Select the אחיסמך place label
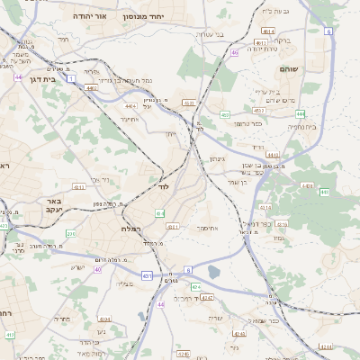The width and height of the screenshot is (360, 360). point(211,229)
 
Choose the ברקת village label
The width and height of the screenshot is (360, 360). point(282,40)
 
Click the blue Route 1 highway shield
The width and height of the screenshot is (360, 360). point(68,80)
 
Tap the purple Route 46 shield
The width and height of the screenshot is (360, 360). point(235,53)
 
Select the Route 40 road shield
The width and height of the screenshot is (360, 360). point(96,270)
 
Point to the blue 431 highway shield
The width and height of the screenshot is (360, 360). point(147,275)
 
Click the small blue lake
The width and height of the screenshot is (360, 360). point(213,271)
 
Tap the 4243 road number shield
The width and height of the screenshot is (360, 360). point(208,296)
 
